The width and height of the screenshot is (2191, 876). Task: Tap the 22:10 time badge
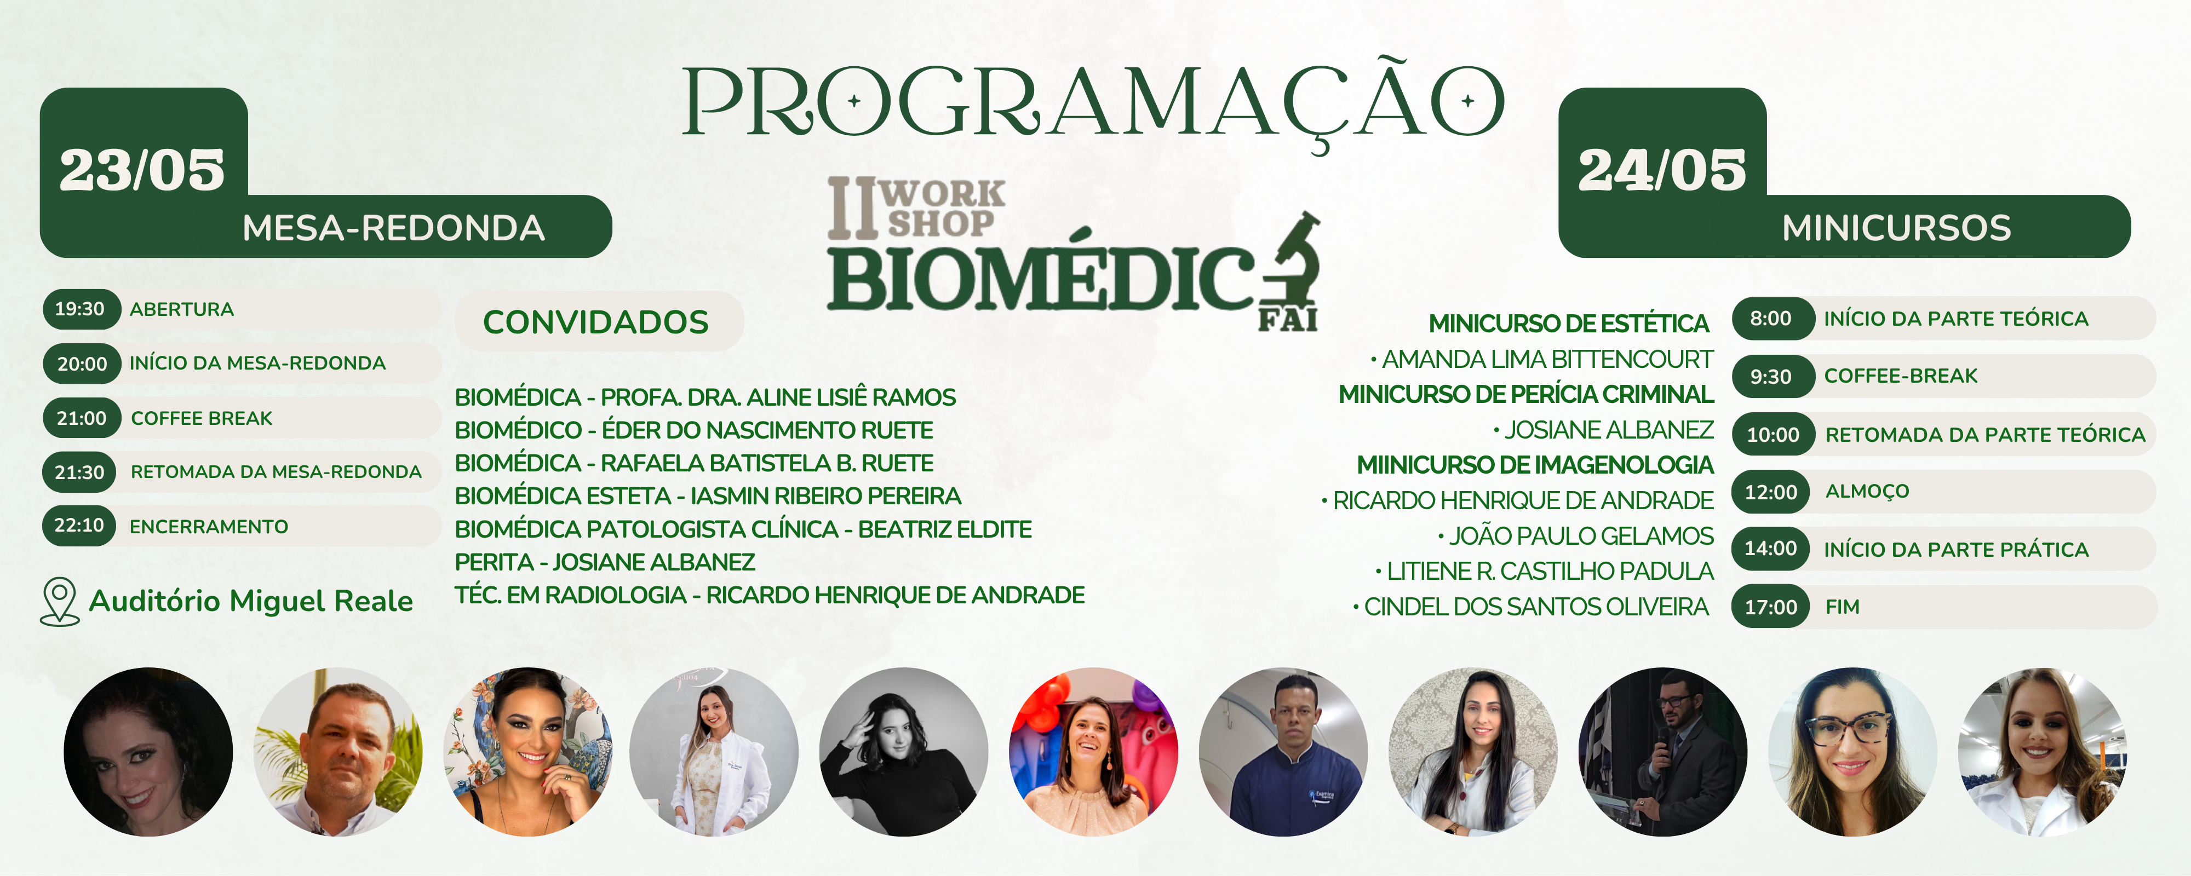tap(79, 526)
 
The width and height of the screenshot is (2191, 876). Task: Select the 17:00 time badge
tap(1771, 607)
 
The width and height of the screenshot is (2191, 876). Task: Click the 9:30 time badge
tap(1771, 376)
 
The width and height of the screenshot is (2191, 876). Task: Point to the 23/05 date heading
tap(142, 170)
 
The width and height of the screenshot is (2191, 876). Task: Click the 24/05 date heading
tap(1662, 170)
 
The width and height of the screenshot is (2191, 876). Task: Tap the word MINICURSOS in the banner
tap(1897, 228)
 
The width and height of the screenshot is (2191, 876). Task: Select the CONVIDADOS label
tap(596, 321)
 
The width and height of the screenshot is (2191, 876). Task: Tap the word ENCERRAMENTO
tap(208, 527)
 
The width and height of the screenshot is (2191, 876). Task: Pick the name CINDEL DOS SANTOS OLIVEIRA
tap(1536, 607)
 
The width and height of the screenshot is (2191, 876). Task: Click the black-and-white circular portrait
tap(903, 752)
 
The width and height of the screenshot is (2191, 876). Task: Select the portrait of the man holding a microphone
tap(1663, 752)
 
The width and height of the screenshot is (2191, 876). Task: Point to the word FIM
tap(1842, 607)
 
